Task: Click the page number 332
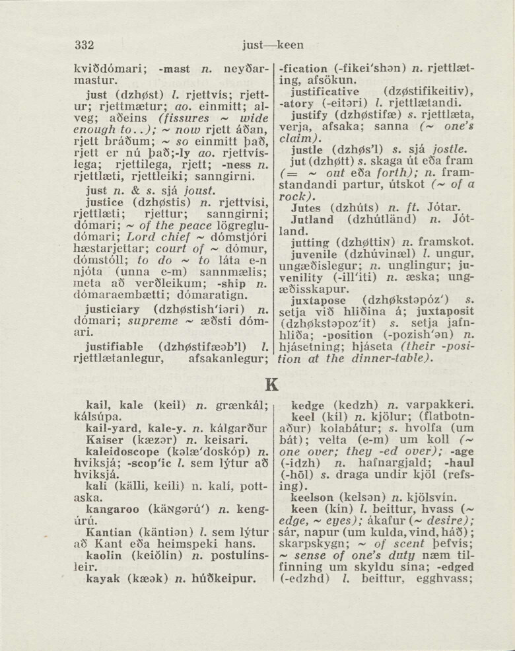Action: (x=85, y=45)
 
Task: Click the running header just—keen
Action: (x=273, y=45)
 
